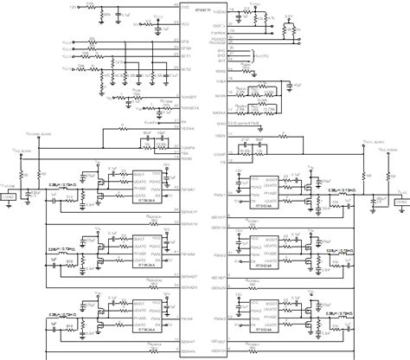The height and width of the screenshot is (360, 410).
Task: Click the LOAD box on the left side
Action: [11, 198]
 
